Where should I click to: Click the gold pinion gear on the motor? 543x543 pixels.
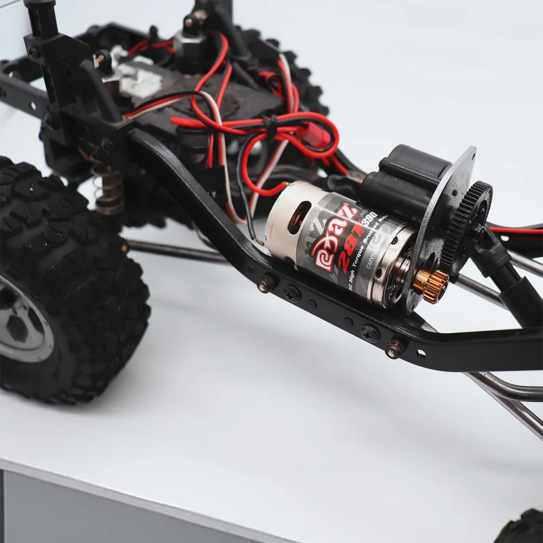pos(432,284)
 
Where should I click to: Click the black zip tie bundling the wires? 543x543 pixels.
pos(269,126)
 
